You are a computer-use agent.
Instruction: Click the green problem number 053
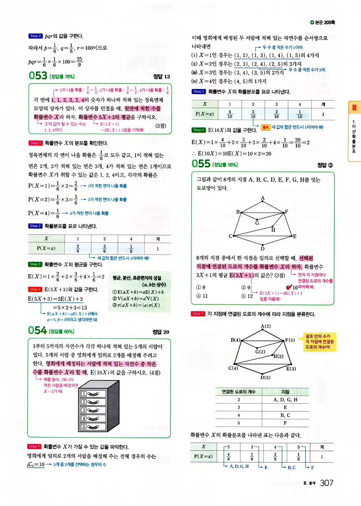point(38,76)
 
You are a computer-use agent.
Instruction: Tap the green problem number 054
point(37,331)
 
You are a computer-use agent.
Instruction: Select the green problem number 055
point(201,164)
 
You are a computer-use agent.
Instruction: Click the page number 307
point(326,483)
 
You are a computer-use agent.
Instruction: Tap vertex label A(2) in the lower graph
point(266,326)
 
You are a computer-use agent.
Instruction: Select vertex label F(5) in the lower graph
point(290,340)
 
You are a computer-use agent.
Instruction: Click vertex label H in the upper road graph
point(273,230)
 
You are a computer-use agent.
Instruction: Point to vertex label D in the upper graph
point(263,249)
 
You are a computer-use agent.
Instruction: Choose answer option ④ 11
point(202,296)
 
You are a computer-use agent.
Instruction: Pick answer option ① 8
point(201,287)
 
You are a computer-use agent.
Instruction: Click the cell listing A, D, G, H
point(285,400)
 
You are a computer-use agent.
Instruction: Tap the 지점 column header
point(285,392)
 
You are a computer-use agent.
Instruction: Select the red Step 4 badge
point(35,289)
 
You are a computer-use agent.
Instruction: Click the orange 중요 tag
point(265,127)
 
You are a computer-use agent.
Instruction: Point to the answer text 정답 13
point(162,76)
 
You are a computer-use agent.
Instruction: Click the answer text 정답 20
point(161,332)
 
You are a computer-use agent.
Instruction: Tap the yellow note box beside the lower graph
point(320,342)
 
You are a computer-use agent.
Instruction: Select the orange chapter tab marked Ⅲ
point(354,107)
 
